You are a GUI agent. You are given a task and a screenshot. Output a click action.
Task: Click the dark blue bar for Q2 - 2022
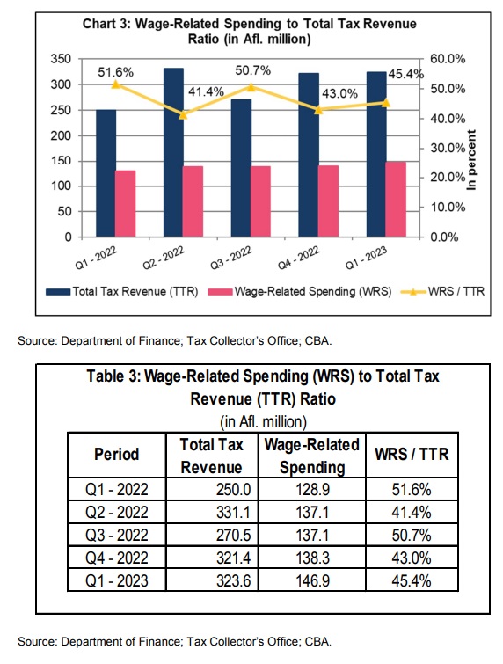point(173,152)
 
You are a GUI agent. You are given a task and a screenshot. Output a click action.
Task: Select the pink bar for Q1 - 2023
point(396,199)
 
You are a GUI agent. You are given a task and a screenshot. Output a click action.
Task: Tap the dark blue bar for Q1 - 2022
point(106,172)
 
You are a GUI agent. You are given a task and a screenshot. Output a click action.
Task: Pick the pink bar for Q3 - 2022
point(260,201)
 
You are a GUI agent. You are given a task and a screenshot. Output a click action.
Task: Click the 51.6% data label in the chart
point(115,73)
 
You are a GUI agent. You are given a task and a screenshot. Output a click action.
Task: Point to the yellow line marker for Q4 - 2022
point(319,110)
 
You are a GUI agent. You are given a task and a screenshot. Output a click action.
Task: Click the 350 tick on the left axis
point(61,59)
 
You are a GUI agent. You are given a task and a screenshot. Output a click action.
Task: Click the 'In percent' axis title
point(471,160)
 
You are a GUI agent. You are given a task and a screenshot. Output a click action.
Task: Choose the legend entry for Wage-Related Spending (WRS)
point(300,291)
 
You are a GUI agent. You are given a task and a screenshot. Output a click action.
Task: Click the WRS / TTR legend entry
point(442,291)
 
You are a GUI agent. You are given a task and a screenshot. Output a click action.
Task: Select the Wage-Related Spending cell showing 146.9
point(312,580)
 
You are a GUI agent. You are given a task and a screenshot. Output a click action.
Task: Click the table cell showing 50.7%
point(412,536)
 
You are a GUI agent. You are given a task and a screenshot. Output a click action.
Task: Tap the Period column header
point(116,455)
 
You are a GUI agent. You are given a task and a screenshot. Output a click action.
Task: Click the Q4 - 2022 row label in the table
point(117,558)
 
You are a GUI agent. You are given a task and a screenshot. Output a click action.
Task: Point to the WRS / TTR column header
point(412,455)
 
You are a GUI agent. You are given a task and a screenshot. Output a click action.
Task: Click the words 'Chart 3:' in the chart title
point(106,24)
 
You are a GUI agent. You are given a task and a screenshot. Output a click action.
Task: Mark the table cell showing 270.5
point(233,536)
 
